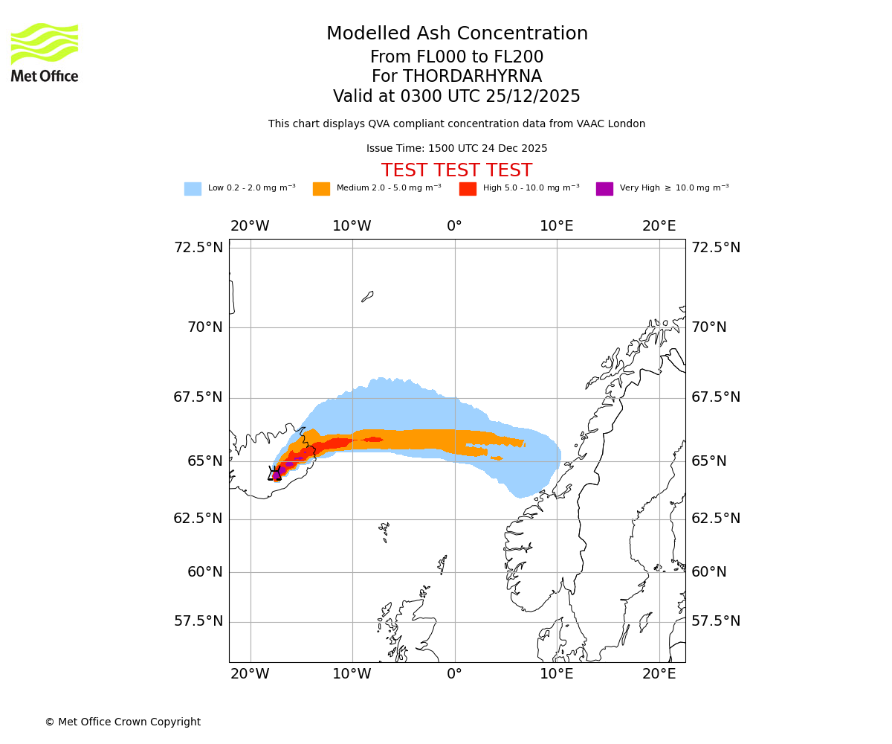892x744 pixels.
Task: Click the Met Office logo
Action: point(45,52)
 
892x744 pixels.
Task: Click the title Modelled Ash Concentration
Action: point(457,34)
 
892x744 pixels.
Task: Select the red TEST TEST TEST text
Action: point(456,170)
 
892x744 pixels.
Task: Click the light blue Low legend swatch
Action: point(193,189)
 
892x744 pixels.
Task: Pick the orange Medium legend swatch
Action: point(321,189)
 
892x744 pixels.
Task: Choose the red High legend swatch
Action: point(468,189)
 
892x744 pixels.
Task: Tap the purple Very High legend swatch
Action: point(604,189)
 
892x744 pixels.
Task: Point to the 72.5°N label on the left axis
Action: point(198,248)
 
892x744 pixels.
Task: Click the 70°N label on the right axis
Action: point(709,327)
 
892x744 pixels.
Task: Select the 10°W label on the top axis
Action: point(352,226)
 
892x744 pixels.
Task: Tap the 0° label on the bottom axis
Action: point(454,674)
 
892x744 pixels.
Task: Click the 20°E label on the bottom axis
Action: point(659,674)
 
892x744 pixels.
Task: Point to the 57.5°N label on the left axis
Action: point(198,621)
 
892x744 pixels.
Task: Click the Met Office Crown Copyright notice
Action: point(123,722)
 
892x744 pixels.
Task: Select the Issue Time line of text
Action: point(456,149)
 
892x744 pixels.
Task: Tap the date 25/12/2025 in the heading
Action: point(533,97)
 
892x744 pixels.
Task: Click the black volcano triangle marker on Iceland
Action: point(275,474)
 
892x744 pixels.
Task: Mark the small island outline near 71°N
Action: point(367,296)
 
